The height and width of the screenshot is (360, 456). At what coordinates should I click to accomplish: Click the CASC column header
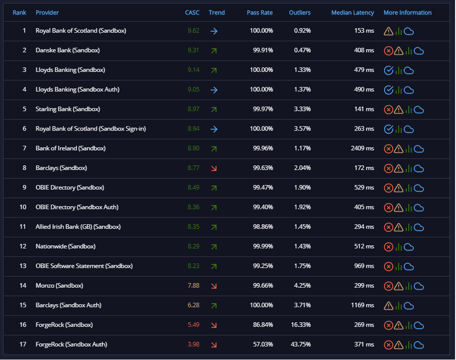192,13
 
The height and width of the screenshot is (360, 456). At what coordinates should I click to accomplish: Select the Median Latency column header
352,13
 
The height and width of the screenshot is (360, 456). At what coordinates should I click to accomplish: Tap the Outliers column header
300,13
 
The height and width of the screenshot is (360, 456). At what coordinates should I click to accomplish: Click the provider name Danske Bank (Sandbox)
68,50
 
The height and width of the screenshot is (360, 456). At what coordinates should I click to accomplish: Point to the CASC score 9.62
193,30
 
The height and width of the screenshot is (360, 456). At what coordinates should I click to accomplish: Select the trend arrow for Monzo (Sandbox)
214,286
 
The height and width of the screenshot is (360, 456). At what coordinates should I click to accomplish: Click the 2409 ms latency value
362,148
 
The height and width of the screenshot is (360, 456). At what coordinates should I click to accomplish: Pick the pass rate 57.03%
263,344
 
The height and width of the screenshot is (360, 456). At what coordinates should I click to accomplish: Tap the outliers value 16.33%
301,325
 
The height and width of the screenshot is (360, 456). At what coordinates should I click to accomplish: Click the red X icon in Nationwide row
388,247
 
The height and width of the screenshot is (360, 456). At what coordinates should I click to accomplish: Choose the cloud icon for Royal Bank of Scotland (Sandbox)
409,31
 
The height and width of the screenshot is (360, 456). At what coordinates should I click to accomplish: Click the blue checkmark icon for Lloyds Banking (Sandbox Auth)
388,90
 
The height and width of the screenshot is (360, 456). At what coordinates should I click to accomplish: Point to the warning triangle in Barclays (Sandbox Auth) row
388,305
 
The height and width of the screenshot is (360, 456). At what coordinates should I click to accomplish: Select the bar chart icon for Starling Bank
408,110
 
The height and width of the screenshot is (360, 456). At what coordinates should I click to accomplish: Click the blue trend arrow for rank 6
214,129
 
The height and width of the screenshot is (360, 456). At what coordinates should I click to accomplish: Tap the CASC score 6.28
193,305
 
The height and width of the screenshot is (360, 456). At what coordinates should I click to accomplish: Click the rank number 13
23,266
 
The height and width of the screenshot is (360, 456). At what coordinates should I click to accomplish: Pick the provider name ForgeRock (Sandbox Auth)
71,344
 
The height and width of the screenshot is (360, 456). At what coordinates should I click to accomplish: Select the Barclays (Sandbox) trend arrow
214,168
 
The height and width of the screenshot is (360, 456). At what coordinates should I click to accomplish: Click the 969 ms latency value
364,266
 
